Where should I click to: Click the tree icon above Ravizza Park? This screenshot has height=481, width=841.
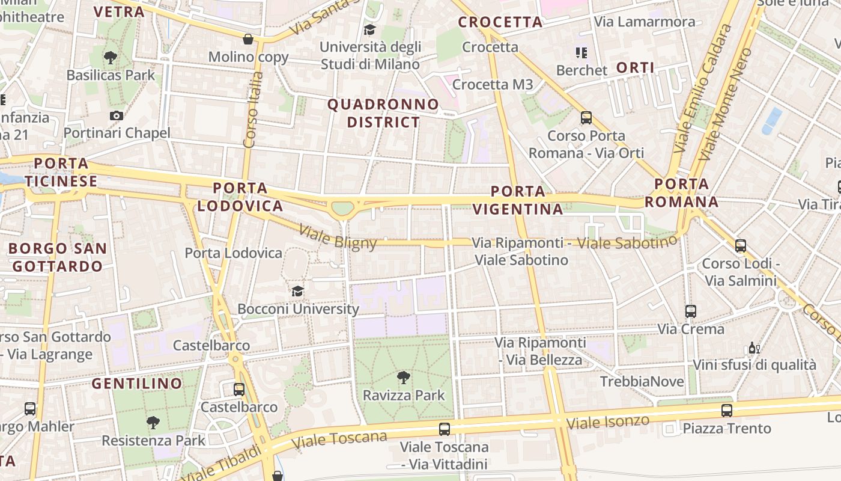(x=404, y=378)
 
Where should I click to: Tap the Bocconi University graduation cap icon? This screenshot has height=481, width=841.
(x=297, y=292)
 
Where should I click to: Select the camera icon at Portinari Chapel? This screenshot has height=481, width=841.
(x=117, y=115)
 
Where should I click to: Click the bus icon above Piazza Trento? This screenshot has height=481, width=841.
(x=726, y=411)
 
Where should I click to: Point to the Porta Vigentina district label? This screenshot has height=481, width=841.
(x=518, y=200)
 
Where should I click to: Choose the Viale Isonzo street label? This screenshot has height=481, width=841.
(x=608, y=421)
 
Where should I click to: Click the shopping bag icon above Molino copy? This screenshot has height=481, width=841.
(x=247, y=40)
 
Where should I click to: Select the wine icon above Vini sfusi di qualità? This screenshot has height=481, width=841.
(x=754, y=348)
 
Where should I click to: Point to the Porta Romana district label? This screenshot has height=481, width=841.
(x=682, y=192)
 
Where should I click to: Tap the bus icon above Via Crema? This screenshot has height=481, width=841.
(x=691, y=311)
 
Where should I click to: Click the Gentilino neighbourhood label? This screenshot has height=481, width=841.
(x=137, y=383)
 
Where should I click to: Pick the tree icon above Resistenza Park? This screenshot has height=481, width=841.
(x=153, y=423)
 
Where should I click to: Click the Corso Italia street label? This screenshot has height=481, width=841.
(x=254, y=109)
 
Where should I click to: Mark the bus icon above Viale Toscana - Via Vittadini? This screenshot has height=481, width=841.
(x=444, y=429)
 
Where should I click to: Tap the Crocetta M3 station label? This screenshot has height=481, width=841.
(x=493, y=85)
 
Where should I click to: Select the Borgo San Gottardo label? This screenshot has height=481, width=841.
(x=58, y=257)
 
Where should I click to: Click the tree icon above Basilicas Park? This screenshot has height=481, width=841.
(x=110, y=58)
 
